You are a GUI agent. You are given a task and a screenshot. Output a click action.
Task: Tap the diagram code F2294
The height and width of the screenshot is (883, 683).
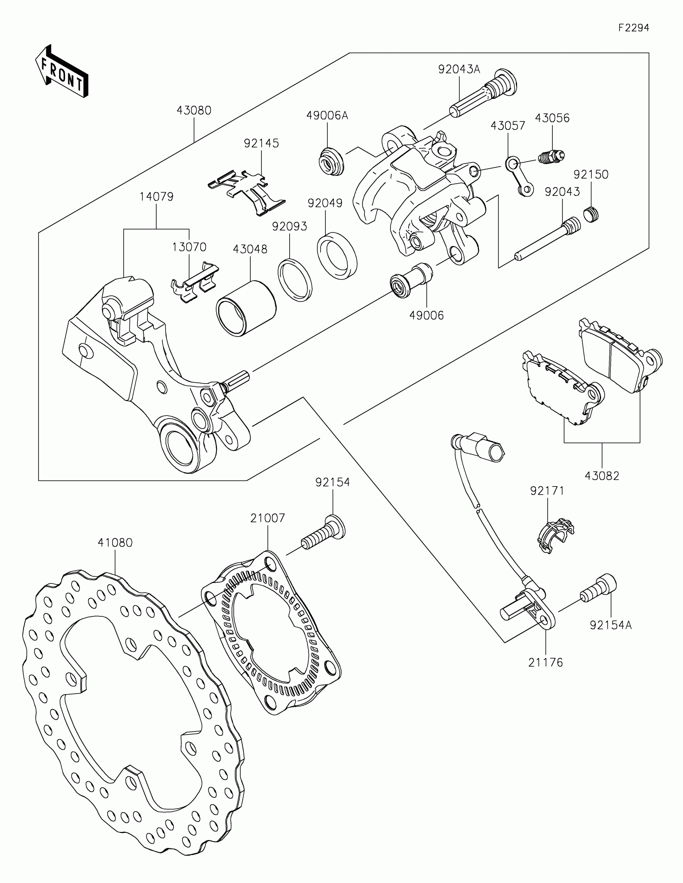coord(633,28)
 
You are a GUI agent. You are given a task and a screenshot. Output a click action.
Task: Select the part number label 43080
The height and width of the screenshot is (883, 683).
coord(194,110)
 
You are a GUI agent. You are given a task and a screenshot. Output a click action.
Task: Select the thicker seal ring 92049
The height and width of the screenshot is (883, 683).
coord(337,255)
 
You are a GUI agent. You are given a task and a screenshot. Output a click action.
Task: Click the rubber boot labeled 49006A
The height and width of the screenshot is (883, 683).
coord(331,162)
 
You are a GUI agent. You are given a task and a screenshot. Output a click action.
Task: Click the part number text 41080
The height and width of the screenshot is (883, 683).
coord(115,542)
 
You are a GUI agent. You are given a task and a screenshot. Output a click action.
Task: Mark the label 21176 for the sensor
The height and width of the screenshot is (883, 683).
coord(545,663)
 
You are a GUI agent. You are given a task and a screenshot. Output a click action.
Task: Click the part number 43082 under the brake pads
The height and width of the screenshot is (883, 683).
coord(602,476)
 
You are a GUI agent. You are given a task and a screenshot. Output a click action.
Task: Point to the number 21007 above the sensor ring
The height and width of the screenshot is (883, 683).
coord(268,518)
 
